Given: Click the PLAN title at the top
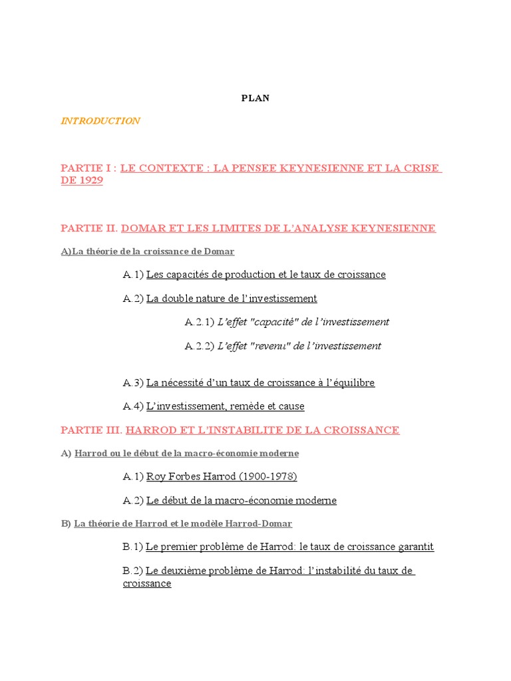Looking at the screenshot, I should (255, 98).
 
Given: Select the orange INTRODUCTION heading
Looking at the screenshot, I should (100, 121).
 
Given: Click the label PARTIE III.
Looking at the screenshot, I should (91, 430).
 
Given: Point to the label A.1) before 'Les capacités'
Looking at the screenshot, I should (133, 275).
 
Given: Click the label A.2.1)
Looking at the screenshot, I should (199, 322).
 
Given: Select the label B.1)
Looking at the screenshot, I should (133, 547).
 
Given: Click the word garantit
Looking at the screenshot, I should (411, 547).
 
